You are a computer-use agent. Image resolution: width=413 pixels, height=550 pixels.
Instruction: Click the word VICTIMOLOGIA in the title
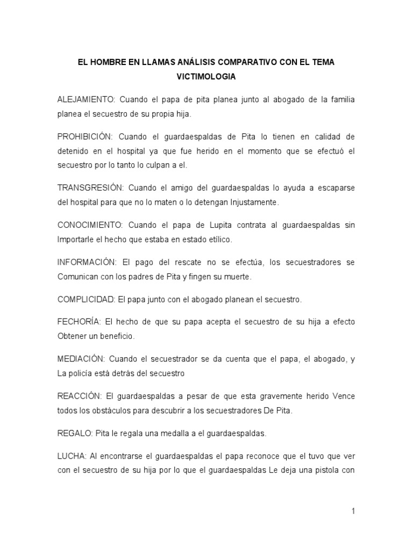(206, 77)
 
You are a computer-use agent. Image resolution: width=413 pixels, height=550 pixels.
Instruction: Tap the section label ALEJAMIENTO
(86, 100)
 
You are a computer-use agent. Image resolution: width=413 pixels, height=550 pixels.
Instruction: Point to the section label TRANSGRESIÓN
(90, 187)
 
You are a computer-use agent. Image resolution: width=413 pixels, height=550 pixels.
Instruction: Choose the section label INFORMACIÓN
(87, 262)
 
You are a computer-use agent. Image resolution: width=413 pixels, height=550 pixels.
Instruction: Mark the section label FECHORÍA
(79, 322)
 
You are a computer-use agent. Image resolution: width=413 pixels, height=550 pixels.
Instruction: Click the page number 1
(353, 511)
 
